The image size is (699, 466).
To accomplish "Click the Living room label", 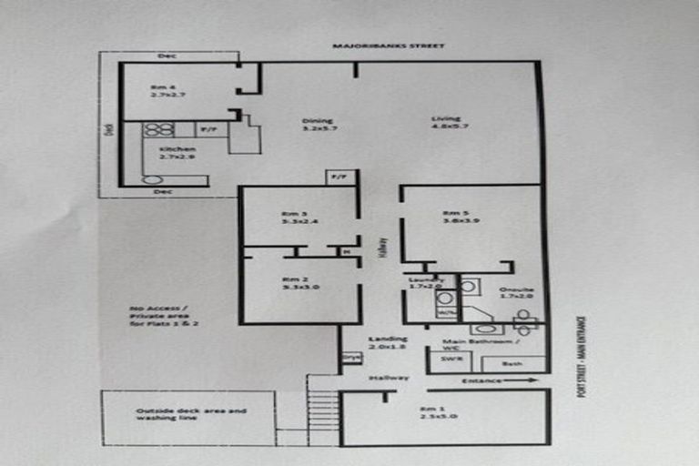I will pos(446,122).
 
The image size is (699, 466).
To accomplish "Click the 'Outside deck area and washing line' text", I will pos(191,415).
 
